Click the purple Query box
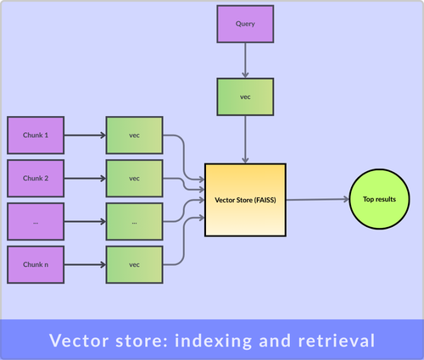coord(245,25)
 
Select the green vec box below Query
coord(245,97)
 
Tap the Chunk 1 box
coord(36,135)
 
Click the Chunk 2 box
coord(36,178)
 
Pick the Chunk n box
coord(36,264)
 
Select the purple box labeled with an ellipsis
coord(36,221)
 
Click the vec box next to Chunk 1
coord(134,135)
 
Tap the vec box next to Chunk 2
coord(134,178)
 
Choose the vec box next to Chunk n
coord(134,264)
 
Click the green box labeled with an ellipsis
coord(134,221)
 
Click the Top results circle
coord(380,199)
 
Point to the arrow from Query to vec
coord(245,61)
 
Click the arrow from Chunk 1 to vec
coord(85,135)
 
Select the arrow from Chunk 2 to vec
coord(85,178)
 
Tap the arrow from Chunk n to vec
coord(85,264)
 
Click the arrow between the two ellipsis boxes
coord(85,221)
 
